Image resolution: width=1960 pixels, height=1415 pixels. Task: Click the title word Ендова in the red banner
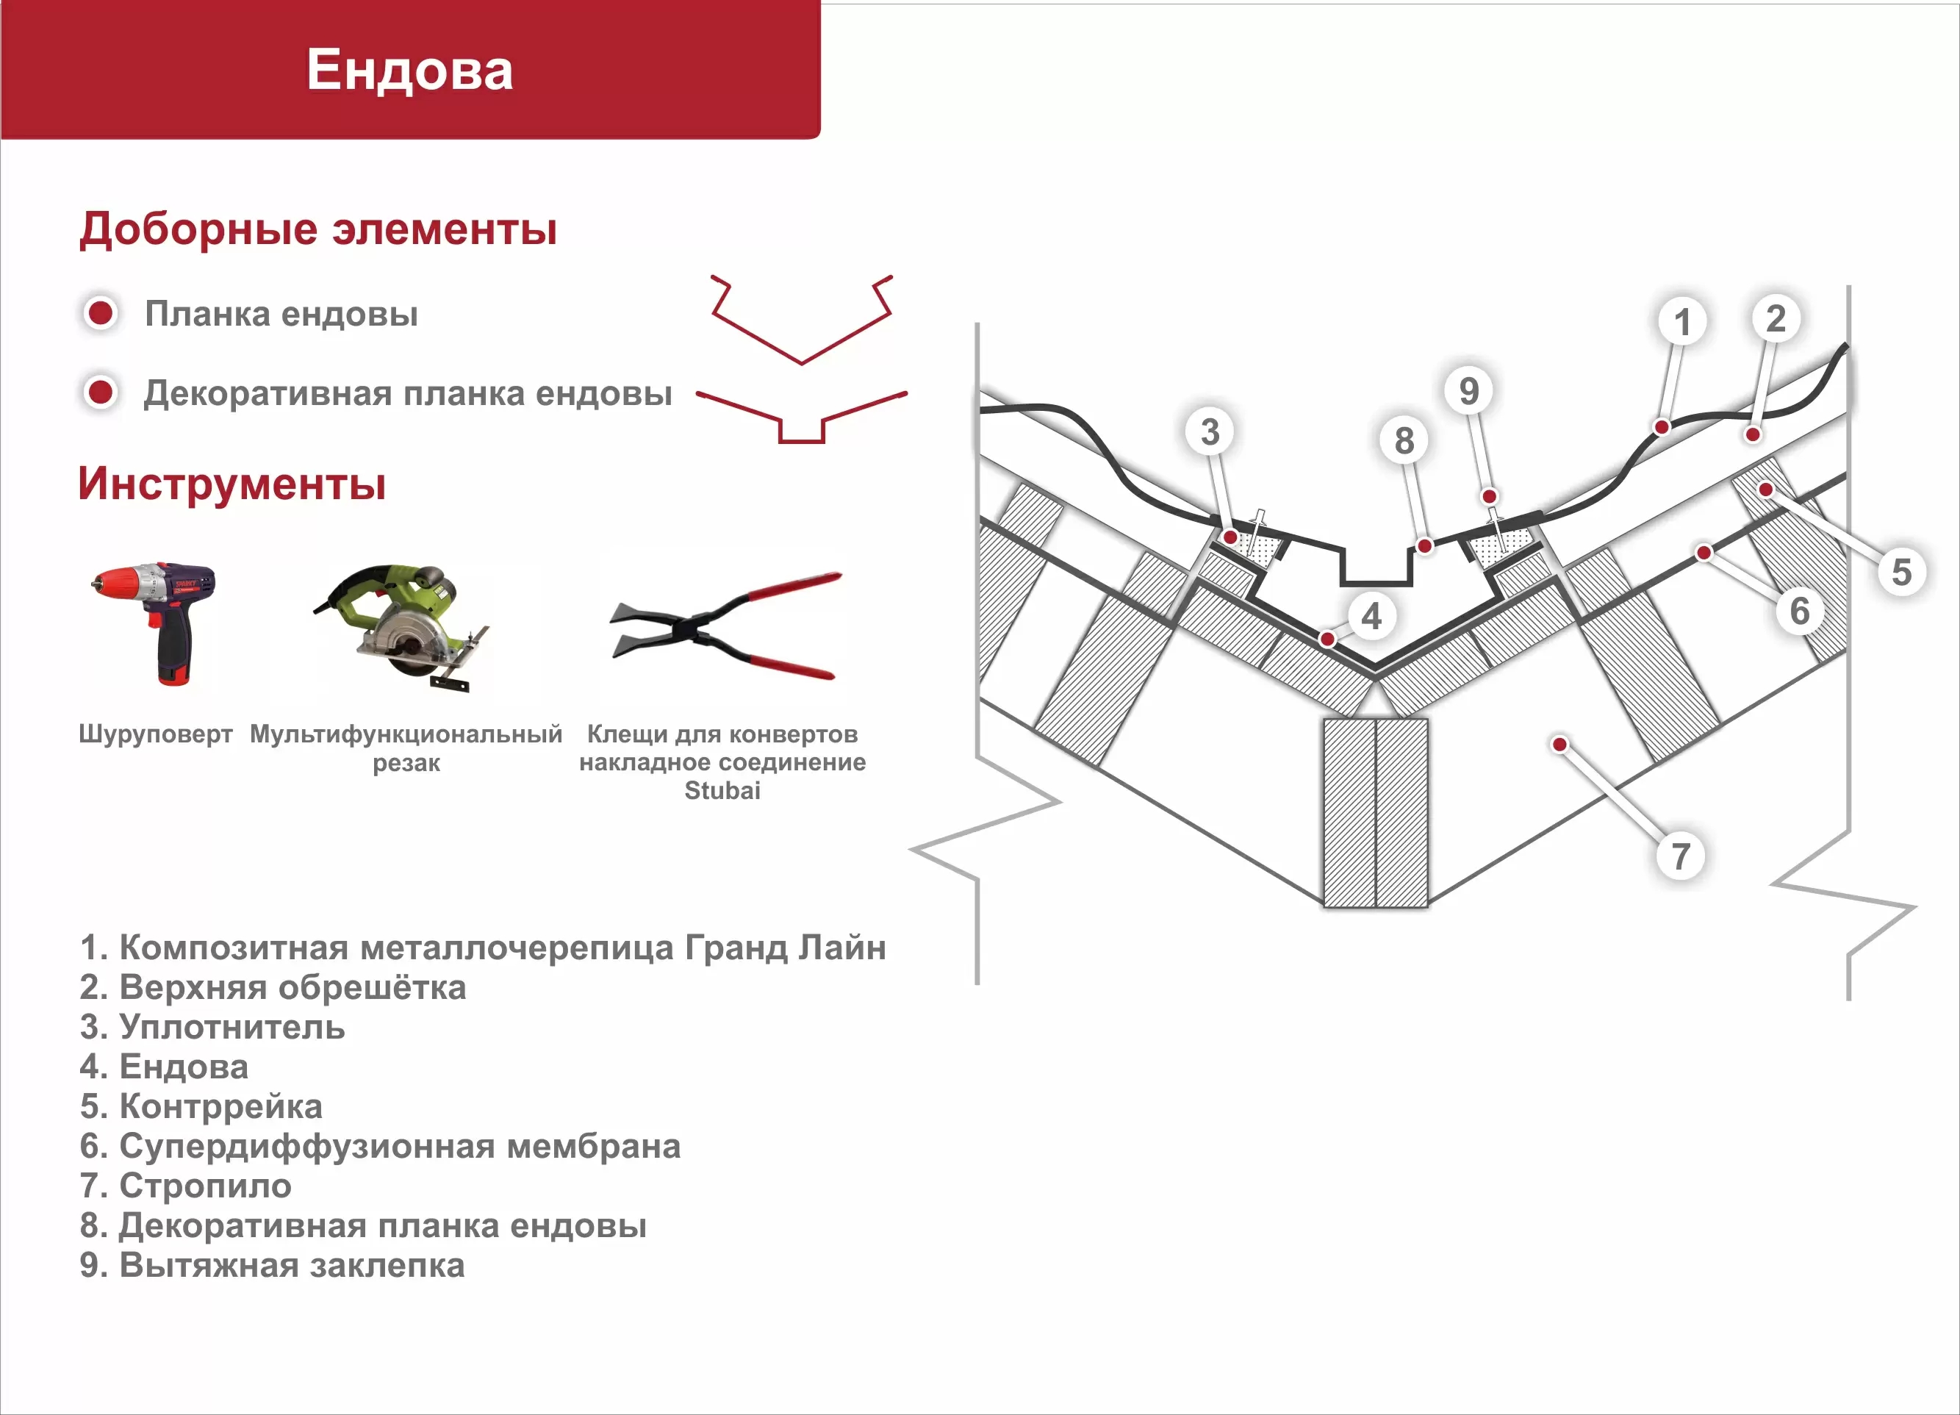409,70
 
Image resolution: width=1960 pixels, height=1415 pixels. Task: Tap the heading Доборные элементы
318,229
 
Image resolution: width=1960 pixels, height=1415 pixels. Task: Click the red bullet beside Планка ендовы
100,313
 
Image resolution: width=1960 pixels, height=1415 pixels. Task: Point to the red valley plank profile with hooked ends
801,320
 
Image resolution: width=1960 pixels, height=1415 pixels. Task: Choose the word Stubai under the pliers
722,790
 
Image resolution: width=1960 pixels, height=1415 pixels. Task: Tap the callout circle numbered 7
1680,856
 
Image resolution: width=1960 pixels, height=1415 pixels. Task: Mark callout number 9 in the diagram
1469,391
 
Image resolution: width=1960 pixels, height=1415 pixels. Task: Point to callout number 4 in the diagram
1371,616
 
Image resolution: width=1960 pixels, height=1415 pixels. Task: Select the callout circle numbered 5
1901,571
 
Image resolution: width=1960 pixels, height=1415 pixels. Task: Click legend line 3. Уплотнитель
212,1027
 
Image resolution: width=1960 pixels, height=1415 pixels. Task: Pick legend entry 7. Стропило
186,1186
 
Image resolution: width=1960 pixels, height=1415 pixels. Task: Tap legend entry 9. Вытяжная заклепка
272,1266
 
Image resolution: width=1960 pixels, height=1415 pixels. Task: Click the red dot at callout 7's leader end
1560,744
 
